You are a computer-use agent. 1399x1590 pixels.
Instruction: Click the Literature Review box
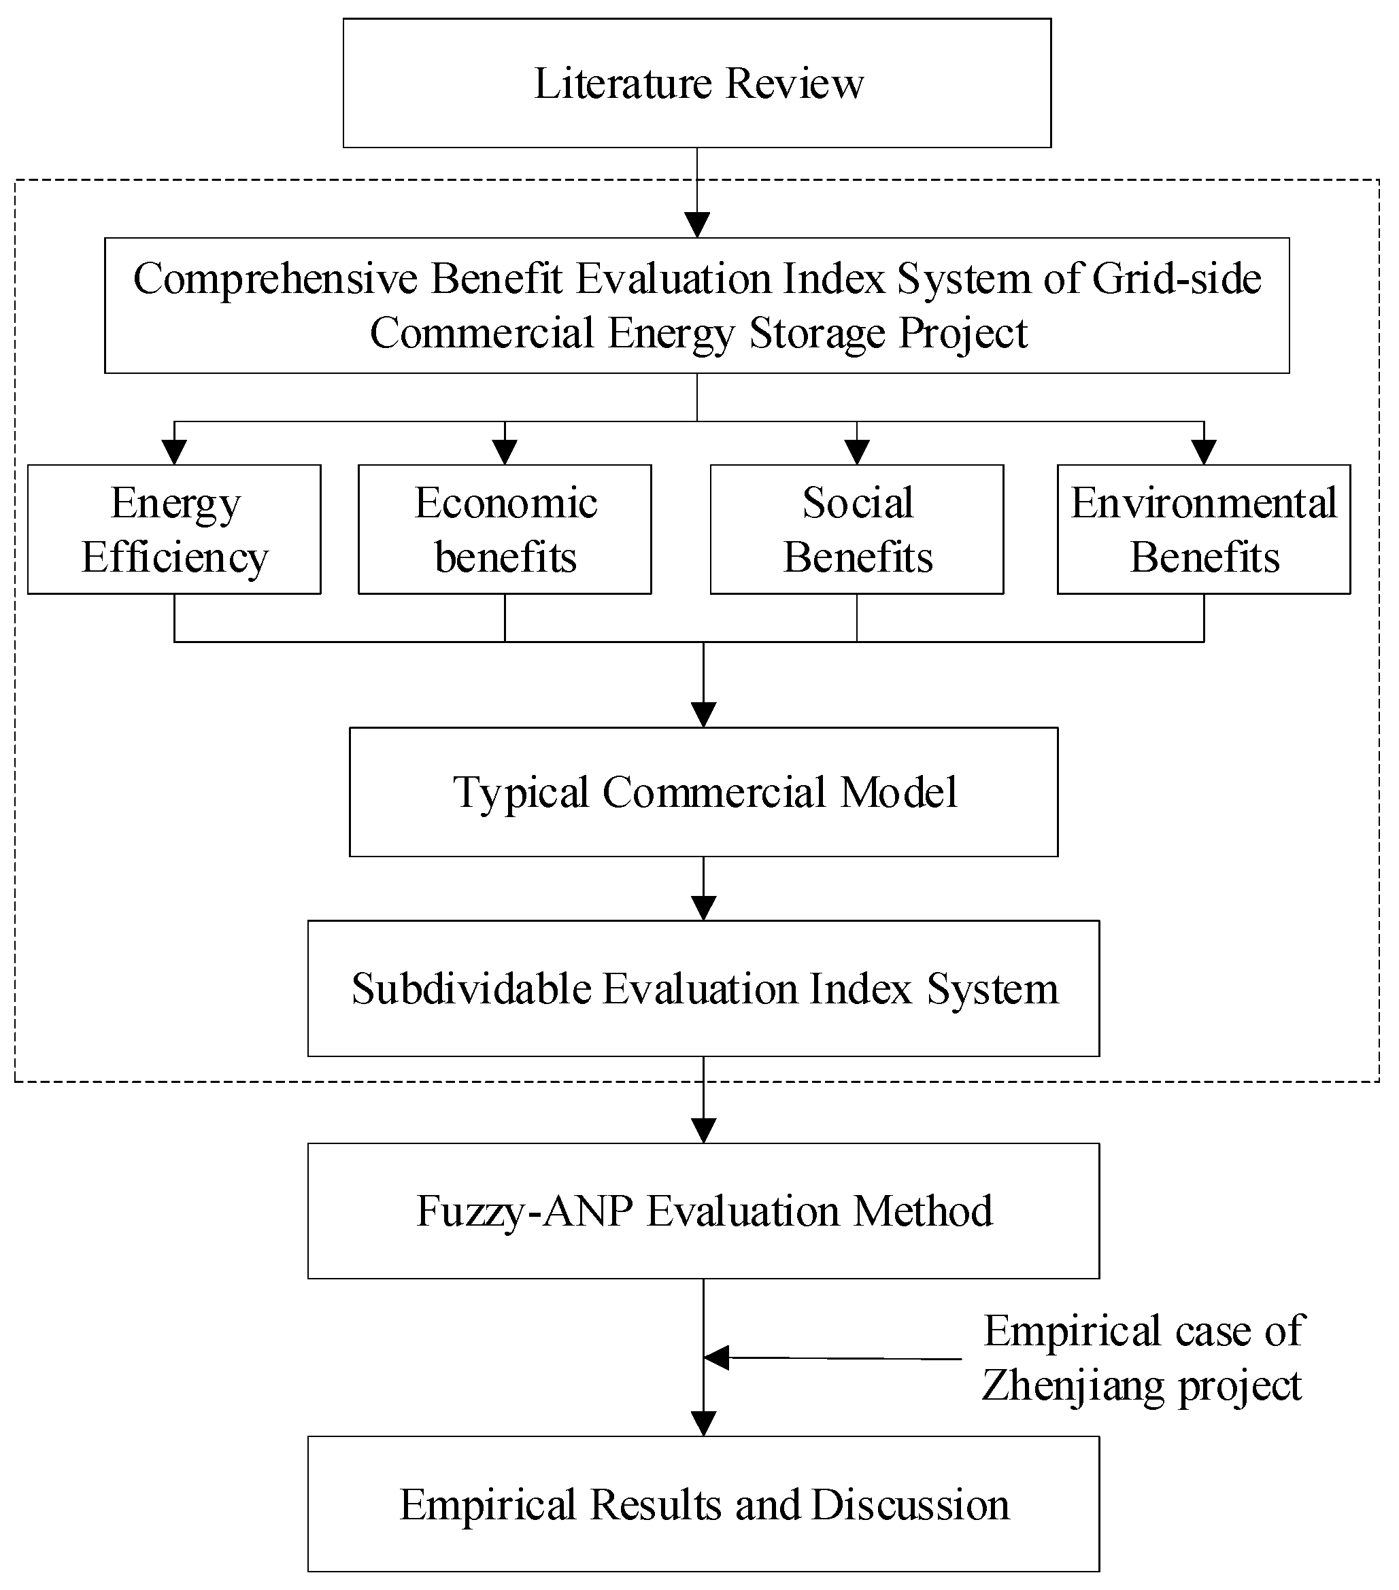point(697,83)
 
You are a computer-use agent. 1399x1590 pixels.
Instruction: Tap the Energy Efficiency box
point(174,530)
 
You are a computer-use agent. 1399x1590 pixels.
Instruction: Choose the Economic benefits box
point(505,530)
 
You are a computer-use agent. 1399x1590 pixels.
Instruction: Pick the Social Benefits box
point(857,530)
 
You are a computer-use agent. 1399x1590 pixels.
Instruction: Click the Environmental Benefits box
point(1204,530)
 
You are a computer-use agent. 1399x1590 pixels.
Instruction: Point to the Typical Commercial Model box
point(703,792)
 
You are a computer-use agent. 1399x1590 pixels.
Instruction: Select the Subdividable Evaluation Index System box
point(703,988)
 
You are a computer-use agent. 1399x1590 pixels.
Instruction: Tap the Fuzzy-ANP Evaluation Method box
point(703,1211)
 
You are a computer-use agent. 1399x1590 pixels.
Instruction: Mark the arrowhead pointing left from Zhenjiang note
point(717,1358)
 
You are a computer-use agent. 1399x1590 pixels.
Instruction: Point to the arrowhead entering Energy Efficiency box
point(174,453)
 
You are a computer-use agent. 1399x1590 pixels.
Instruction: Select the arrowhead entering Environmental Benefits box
point(1204,453)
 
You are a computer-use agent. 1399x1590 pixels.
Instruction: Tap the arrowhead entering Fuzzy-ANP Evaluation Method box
point(703,1131)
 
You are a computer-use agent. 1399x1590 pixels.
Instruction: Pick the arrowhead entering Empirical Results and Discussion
point(703,1423)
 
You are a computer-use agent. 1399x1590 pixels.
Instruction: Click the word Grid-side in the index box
point(1176,279)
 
